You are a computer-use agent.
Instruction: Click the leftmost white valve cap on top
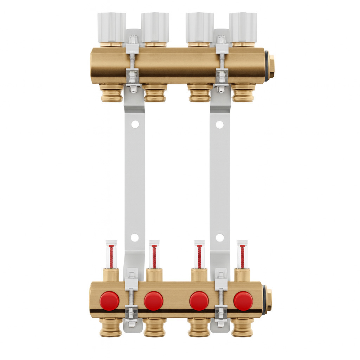[x=111, y=27]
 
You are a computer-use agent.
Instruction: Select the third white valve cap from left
[x=199, y=27]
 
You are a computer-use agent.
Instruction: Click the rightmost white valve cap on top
[x=243, y=27]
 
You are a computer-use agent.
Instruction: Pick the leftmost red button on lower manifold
[x=109, y=301]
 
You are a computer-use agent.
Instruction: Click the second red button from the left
[x=154, y=301]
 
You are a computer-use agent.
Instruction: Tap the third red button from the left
[x=199, y=301]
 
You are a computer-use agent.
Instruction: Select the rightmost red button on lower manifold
[x=243, y=301]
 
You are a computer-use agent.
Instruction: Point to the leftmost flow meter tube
[x=111, y=255]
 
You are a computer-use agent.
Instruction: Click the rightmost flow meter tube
[x=242, y=255]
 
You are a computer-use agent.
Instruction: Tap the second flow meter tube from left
[x=154, y=255]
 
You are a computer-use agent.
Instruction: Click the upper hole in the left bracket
[x=135, y=124]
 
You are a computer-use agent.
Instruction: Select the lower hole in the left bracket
[x=135, y=237]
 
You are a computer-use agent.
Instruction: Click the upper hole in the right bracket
[x=220, y=124]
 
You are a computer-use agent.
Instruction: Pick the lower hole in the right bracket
[x=220, y=238]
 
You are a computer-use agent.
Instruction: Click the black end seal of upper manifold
[x=267, y=66]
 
